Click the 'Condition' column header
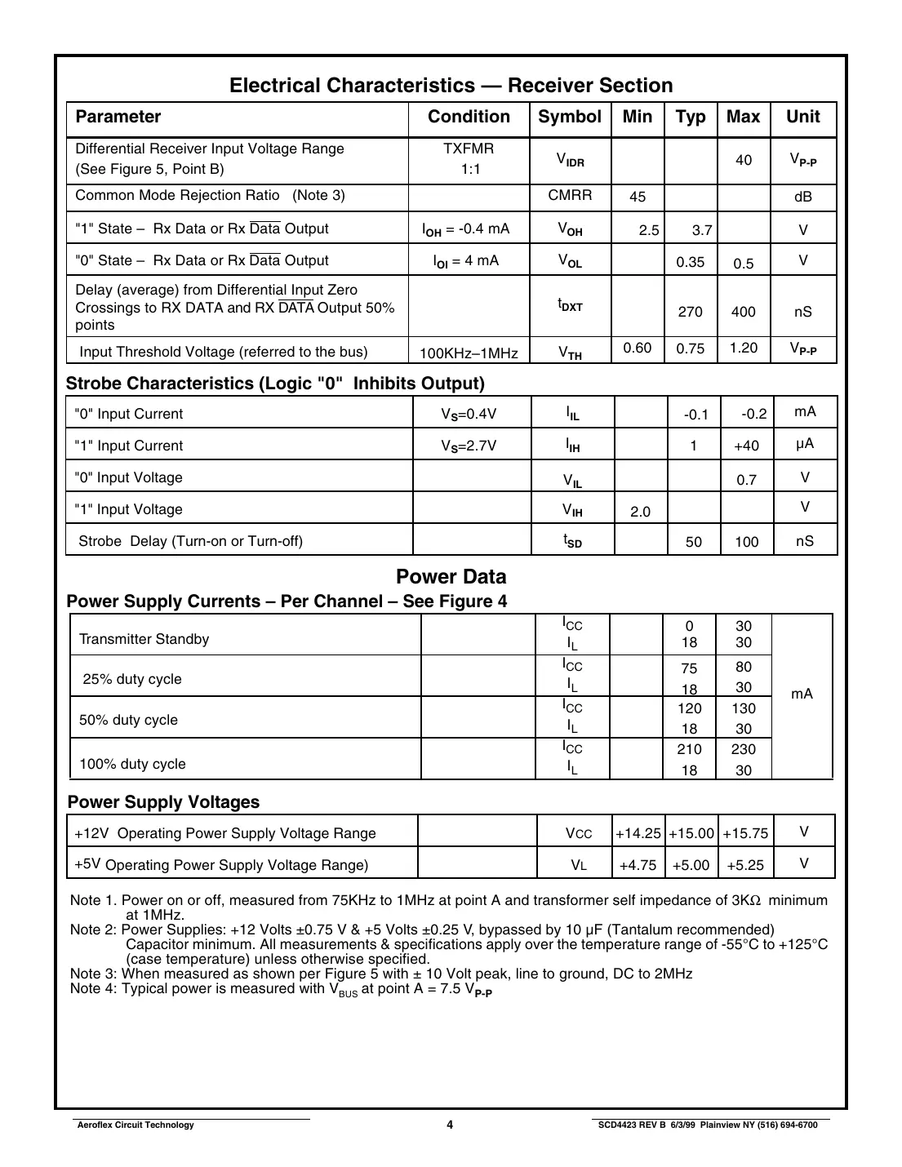[x=469, y=117]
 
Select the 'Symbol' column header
[x=569, y=117]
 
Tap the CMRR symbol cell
[x=570, y=195]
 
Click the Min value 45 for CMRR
[x=638, y=197]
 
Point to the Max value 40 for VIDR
[x=743, y=160]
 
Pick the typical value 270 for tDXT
[x=690, y=312]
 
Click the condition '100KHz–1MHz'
[x=469, y=353]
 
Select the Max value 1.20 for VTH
[x=743, y=348]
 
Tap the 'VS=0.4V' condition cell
[x=469, y=414]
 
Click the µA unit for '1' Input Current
[x=805, y=444]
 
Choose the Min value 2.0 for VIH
[x=640, y=512]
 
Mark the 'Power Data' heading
[x=451, y=577]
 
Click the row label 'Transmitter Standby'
[x=144, y=639]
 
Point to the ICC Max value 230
[x=743, y=749]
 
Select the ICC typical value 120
[x=689, y=708]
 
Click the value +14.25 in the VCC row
[x=638, y=833]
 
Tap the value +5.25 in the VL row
[x=744, y=865]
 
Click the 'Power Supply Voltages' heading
[x=163, y=802]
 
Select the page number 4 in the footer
[x=450, y=1125]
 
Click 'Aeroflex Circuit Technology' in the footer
[x=136, y=1125]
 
